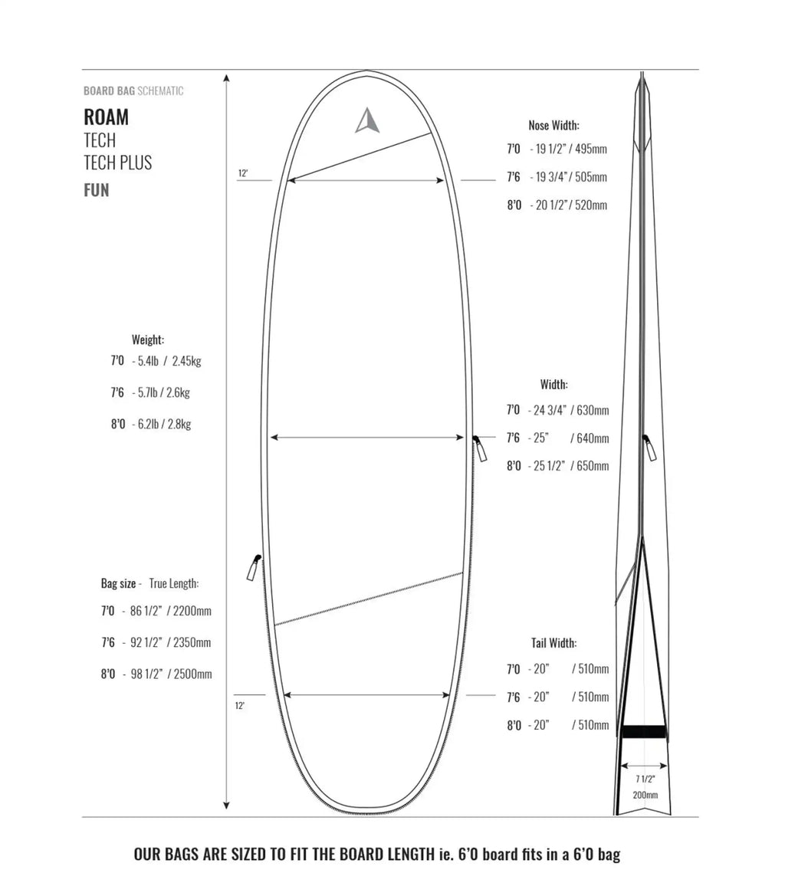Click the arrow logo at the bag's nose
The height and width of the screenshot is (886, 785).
[366, 120]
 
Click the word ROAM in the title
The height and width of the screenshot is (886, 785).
[107, 117]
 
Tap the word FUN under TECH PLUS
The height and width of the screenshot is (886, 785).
[96, 190]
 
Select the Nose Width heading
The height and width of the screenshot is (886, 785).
[553, 126]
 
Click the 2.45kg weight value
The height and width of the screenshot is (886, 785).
[186, 361]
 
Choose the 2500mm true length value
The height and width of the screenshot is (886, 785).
[192, 674]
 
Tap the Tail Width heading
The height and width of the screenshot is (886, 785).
[553, 643]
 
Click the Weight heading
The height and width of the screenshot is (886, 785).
[148, 340]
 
